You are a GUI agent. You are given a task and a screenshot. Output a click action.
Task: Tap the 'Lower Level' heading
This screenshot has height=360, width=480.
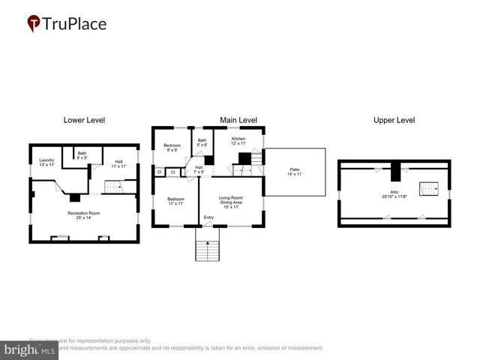pyautogui.click(x=84, y=120)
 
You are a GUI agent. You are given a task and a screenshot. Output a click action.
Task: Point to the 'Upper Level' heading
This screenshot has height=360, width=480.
pyautogui.click(x=394, y=120)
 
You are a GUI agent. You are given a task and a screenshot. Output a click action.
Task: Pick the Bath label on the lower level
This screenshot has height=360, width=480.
pyautogui.click(x=82, y=155)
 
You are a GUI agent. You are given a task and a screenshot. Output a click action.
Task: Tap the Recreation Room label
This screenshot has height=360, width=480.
pyautogui.click(x=84, y=215)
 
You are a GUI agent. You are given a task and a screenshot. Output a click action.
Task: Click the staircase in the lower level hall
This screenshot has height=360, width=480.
pyautogui.click(x=112, y=186)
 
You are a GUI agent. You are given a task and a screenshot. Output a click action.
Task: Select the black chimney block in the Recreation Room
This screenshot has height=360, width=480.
pyautogui.click(x=75, y=199)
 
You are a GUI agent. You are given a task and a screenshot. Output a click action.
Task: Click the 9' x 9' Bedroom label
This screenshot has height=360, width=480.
pyautogui.click(x=172, y=147)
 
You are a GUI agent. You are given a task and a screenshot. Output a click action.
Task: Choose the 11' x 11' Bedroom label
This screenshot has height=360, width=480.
pyautogui.click(x=176, y=202)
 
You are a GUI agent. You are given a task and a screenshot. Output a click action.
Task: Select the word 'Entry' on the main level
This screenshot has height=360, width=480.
pyautogui.click(x=208, y=218)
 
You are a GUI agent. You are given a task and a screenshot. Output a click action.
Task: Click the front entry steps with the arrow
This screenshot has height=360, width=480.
pyautogui.click(x=207, y=245)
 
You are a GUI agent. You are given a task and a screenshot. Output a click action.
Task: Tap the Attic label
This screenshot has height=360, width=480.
pyautogui.click(x=394, y=194)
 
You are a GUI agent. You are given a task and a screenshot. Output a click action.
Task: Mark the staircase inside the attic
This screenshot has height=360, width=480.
pyautogui.click(x=427, y=188)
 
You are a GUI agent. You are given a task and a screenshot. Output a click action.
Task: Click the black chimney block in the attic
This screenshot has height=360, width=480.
pyautogui.click(x=395, y=172)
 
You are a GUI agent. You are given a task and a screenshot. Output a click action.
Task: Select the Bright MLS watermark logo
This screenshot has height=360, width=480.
pyautogui.click(x=30, y=349)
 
